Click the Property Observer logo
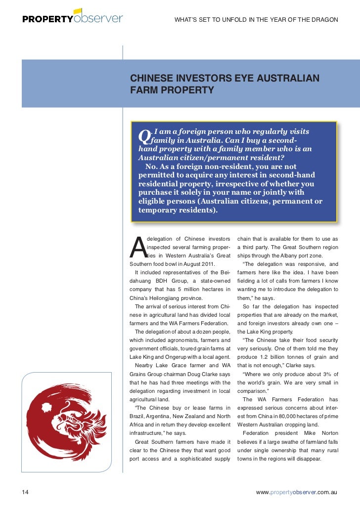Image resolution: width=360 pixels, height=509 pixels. pos(72,18)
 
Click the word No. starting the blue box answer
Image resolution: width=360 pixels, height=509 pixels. pos(152,167)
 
